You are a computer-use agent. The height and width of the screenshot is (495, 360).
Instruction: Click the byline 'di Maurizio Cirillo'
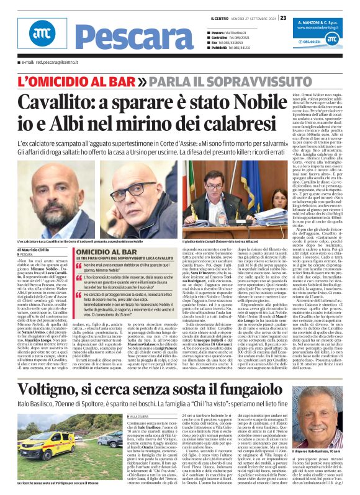[x=38, y=250]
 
